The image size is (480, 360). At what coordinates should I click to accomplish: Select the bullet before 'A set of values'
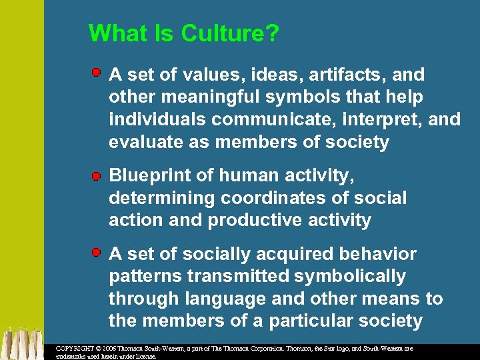[x=97, y=71]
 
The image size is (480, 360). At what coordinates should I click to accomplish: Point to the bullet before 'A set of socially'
[x=97, y=253]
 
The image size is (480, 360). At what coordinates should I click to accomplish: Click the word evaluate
[x=147, y=143]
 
